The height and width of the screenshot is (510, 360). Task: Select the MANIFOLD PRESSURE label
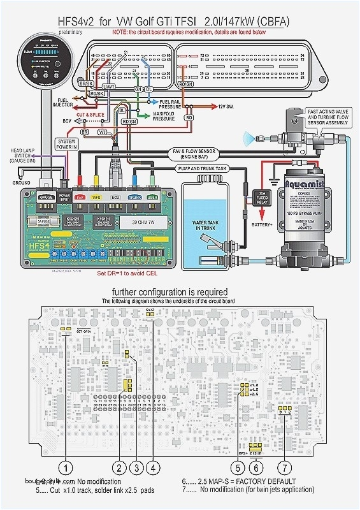164,116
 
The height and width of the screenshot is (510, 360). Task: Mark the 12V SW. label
227,106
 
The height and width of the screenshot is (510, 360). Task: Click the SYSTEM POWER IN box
66,143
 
